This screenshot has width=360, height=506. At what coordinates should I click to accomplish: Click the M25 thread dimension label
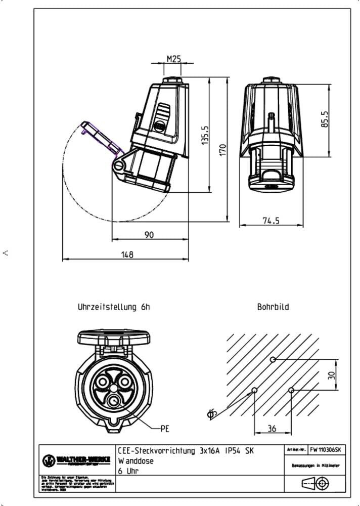click(174, 59)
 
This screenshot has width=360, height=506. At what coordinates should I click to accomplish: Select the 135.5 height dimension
click(205, 135)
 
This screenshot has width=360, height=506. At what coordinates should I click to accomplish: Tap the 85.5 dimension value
click(325, 120)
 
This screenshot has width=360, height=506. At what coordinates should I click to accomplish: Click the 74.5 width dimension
click(271, 221)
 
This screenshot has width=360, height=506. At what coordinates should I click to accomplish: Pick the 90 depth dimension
click(149, 234)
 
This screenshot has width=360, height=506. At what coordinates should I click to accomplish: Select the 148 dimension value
click(127, 255)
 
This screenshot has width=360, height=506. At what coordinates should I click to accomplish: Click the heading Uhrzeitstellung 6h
click(114, 307)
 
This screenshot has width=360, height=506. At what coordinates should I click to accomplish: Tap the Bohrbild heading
click(273, 307)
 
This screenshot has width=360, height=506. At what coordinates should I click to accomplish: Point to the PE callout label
click(164, 429)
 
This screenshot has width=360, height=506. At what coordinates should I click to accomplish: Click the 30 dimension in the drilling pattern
click(332, 375)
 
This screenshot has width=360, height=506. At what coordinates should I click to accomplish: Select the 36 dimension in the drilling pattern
click(272, 429)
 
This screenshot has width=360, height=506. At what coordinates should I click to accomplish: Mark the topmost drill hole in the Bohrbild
click(273, 360)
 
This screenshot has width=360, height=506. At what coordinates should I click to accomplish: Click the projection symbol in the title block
click(315, 483)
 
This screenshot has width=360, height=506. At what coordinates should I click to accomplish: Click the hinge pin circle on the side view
click(119, 165)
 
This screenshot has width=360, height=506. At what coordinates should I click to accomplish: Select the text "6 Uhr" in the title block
click(128, 471)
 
